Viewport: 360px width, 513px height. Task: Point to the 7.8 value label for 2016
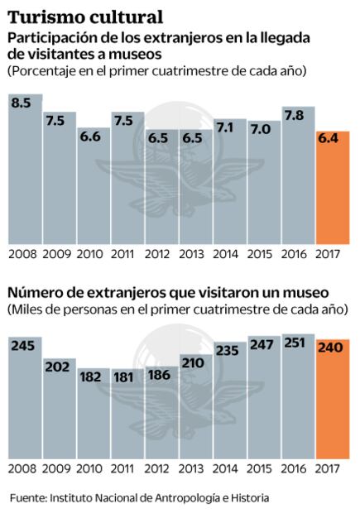298,117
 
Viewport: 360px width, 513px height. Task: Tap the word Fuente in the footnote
27,498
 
